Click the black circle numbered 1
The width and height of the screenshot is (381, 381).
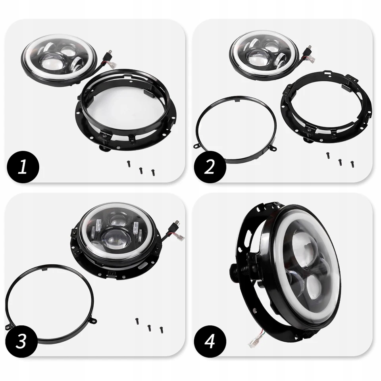pyautogui.click(x=23, y=167)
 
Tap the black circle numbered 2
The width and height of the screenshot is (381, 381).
pyautogui.click(x=210, y=167)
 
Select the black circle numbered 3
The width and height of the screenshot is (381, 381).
pyautogui.click(x=21, y=341)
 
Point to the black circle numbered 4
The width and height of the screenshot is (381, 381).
pyautogui.click(x=210, y=341)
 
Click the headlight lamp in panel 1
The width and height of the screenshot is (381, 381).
pyautogui.click(x=59, y=60)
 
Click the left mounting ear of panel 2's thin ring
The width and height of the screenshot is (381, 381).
pyautogui.click(x=196, y=146)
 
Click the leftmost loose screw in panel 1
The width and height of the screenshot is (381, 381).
pyautogui.click(x=129, y=164)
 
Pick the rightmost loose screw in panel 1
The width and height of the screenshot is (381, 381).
pyautogui.click(x=153, y=173)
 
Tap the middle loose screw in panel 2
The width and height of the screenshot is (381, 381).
pyautogui.click(x=340, y=162)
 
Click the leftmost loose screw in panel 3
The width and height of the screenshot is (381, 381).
pyautogui.click(x=137, y=321)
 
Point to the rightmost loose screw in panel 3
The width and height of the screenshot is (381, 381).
pyautogui.click(x=162, y=330)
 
